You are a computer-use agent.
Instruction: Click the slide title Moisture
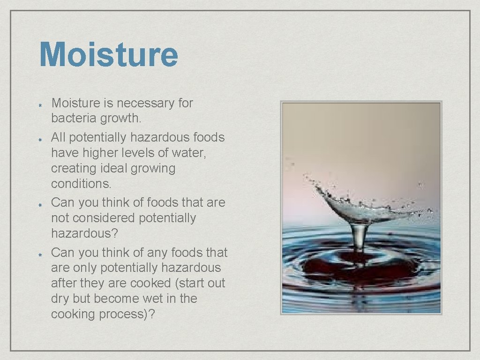tap(109, 55)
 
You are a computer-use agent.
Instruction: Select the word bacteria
tap(74, 119)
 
